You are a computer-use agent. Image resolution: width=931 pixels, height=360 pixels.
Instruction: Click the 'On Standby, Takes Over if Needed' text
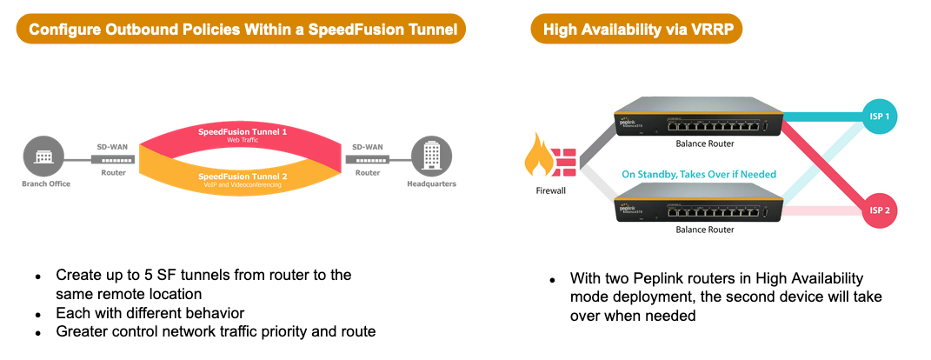pyautogui.click(x=699, y=175)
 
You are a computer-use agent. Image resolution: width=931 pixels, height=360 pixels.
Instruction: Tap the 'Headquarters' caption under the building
pyautogui.click(x=431, y=184)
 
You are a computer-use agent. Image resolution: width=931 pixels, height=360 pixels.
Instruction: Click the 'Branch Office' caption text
pyautogui.click(x=46, y=184)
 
